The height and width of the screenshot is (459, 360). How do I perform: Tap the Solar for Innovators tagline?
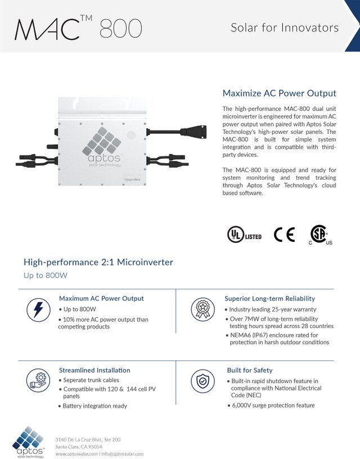(285, 28)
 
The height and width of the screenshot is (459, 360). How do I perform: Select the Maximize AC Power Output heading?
(279, 93)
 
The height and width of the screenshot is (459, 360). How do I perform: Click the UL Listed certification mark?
(244, 235)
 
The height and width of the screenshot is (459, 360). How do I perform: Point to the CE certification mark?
(284, 235)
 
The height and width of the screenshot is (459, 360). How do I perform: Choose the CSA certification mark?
(320, 235)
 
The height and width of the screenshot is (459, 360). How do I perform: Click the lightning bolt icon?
(38, 309)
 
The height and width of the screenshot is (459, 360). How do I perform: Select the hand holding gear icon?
(38, 381)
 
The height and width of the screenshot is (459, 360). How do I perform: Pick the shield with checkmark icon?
(202, 381)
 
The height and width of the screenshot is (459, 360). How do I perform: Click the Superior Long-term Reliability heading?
(269, 299)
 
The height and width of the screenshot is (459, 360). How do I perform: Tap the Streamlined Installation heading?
(94, 370)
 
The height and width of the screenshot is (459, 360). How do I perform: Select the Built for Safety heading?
(249, 370)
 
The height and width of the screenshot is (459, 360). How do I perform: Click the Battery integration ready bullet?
(94, 406)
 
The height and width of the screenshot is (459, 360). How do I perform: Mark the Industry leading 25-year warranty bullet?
(272, 309)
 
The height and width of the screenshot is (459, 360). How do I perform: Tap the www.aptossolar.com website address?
(76, 454)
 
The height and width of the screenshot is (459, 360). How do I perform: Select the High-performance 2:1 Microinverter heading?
(98, 262)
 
